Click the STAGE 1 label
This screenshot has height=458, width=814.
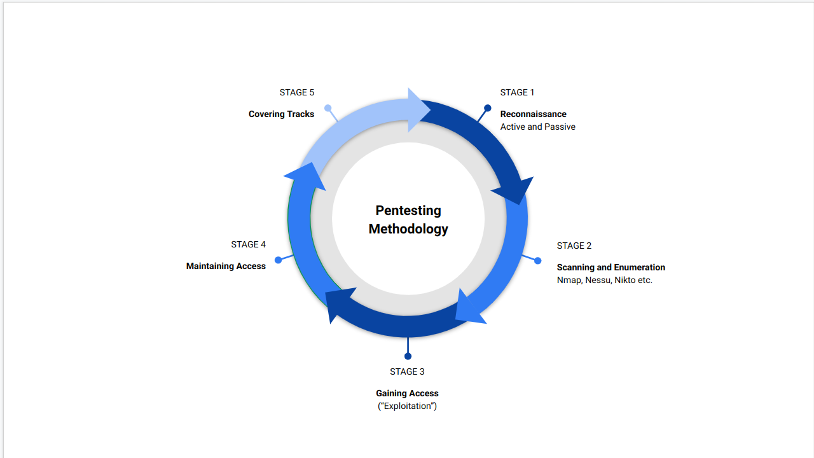pos(517,93)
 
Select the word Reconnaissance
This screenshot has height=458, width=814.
pos(533,114)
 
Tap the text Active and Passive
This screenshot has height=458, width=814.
pos(537,127)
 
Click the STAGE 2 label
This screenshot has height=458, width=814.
pos(574,246)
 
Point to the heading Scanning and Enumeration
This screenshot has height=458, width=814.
pos(610,268)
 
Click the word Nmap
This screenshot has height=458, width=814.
pos(569,281)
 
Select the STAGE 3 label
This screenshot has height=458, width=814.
pos(407,372)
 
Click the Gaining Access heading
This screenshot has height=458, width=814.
pos(407,394)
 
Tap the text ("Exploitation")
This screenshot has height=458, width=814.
pos(407,406)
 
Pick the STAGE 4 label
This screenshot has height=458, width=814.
pos(248,245)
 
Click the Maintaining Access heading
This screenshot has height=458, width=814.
pos(226,267)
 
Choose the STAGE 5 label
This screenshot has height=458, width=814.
pos(296,93)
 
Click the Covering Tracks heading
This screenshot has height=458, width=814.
pos(281,114)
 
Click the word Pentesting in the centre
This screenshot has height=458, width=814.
pos(408,211)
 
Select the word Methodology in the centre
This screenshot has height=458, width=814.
pos(408,229)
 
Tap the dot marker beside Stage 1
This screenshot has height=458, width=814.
pos(487,108)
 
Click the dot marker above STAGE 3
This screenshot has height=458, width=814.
pos(408,356)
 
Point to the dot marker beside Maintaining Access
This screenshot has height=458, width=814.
pos(278,260)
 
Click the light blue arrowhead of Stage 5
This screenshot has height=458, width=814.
pos(418,110)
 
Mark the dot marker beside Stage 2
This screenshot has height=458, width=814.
pos(537,261)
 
